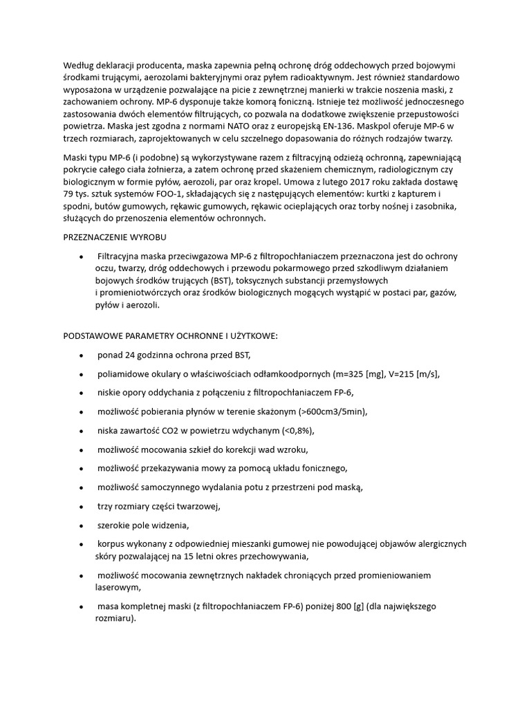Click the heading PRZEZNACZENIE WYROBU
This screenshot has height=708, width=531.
click(114, 238)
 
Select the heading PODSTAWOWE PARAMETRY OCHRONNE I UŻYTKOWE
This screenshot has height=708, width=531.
click(170, 336)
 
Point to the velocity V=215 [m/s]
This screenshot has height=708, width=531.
click(409, 374)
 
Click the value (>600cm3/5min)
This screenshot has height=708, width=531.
click(333, 412)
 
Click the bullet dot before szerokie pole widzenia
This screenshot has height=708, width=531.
click(82, 525)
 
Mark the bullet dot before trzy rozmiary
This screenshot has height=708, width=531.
click(82, 506)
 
